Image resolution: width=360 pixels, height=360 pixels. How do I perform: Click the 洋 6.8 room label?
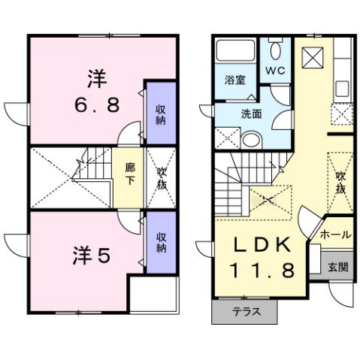point(97,91)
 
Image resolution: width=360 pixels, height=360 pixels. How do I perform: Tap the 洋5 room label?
point(92,255)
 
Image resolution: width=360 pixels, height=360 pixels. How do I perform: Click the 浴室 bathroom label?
point(234,80)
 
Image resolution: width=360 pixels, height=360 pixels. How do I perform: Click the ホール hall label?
point(335,234)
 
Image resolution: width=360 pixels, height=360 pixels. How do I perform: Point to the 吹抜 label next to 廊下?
point(162,177)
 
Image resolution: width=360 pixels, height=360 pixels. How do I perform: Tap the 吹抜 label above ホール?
point(340,182)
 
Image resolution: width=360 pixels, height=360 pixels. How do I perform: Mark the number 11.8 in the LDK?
point(261,268)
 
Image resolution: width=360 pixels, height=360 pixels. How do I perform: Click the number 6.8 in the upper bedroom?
point(97,104)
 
